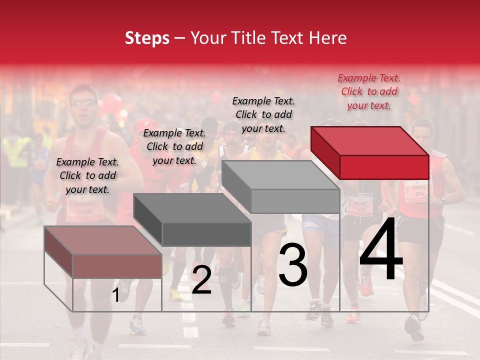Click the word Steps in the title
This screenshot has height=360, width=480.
pos(147,38)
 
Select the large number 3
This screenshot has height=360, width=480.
pos(293,265)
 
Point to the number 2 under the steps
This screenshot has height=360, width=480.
pos(201,280)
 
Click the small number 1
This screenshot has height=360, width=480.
pos(116,295)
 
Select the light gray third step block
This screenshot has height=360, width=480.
pos(281,187)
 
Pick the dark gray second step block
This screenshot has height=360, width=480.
pos(193,220)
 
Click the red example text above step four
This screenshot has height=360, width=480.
pos(369,91)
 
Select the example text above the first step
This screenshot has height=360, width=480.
pos(87,175)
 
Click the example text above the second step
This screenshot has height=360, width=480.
pos(174,146)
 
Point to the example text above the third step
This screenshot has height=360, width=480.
pos(263,114)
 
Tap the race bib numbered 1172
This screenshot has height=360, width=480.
pos(360,204)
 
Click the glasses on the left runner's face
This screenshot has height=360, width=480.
pos(83,103)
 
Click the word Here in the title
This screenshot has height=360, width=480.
pos(327,38)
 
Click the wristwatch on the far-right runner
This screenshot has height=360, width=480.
pos(442,199)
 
